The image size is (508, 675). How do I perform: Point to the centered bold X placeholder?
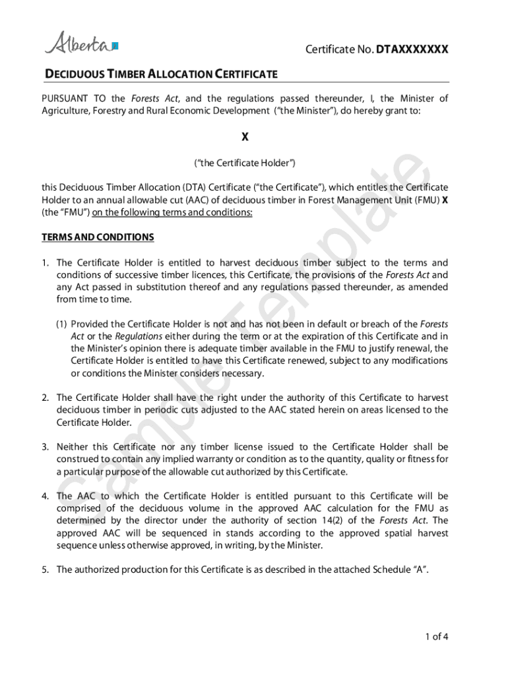pyautogui.click(x=245, y=137)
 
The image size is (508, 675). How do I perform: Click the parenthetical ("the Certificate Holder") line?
pyautogui.click(x=245, y=162)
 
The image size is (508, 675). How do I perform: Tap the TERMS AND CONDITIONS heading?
pyautogui.click(x=98, y=237)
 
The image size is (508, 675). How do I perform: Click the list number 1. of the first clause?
pyautogui.click(x=46, y=262)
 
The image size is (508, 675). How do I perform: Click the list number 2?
pyautogui.click(x=46, y=397)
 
